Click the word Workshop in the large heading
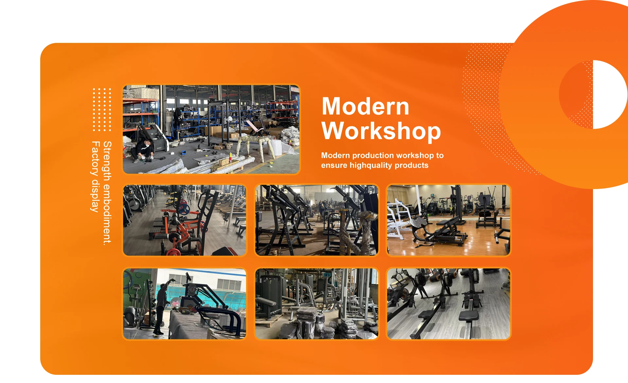pos(381,131)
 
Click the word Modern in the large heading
pos(365,106)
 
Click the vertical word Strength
pos(107,161)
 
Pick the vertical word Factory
pos(95,158)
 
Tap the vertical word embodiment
pos(107,214)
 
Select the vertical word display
pos(95,195)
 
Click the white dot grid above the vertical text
pos(102,109)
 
